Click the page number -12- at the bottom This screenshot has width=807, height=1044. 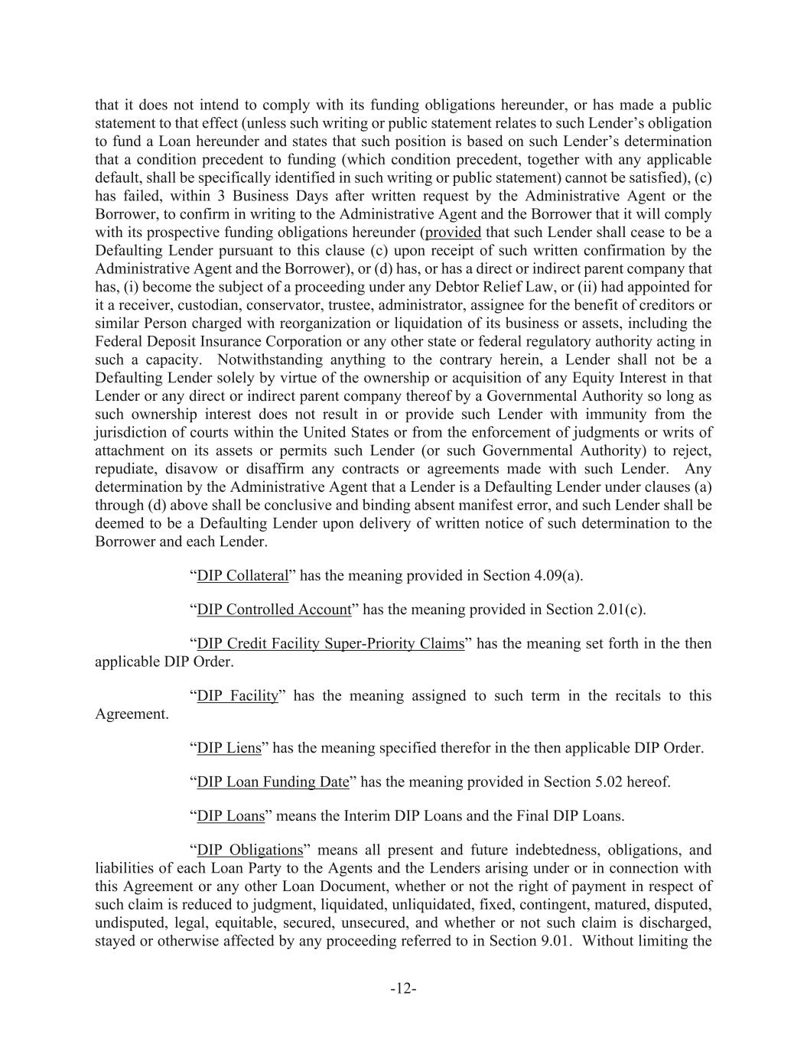(403, 989)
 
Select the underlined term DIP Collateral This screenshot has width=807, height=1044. (242, 576)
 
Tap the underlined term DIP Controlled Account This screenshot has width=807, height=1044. (274, 610)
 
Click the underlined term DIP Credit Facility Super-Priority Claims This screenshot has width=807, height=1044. (330, 643)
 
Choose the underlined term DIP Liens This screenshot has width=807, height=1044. (229, 748)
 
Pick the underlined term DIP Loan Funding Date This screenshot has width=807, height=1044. (272, 782)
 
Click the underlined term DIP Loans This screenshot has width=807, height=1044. (230, 815)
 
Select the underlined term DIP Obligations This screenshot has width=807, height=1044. (249, 850)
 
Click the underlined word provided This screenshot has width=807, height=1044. (453, 233)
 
